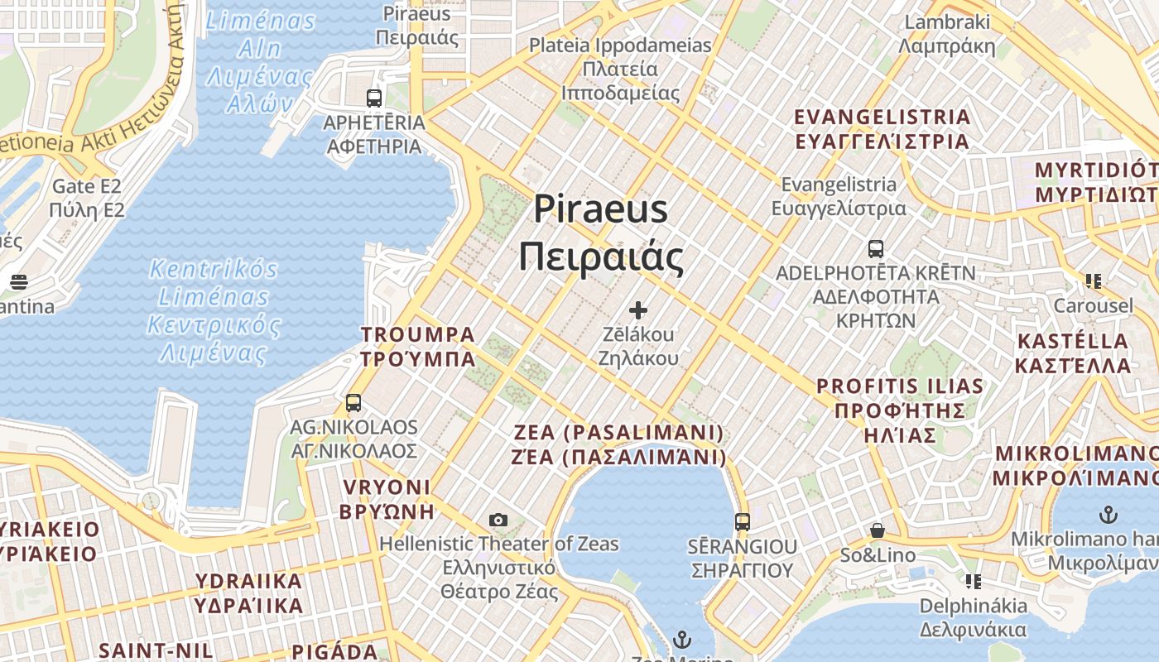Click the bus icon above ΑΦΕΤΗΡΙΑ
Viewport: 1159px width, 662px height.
click(374, 98)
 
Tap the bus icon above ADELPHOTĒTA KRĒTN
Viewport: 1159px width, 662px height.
click(876, 248)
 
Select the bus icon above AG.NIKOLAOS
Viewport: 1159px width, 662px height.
click(353, 403)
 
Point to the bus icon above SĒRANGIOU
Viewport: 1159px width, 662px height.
click(743, 522)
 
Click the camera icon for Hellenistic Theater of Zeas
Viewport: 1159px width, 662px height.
click(498, 520)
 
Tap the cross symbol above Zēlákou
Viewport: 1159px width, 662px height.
click(637, 310)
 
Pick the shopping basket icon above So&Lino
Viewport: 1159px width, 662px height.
click(878, 530)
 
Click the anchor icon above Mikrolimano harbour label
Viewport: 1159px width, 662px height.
click(1108, 515)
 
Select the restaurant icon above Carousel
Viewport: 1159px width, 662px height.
click(1093, 281)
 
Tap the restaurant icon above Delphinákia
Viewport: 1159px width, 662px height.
click(973, 581)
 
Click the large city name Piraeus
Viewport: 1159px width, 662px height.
click(600, 209)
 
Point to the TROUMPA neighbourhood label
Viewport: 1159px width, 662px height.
click(418, 335)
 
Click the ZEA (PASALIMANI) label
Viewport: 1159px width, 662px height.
click(618, 433)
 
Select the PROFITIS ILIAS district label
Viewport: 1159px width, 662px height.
click(900, 386)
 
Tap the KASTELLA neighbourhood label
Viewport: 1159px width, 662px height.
click(1072, 341)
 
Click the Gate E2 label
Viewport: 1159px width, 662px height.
click(87, 186)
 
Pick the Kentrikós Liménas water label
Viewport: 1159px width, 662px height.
click(214, 270)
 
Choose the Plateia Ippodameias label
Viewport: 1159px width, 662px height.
click(620, 46)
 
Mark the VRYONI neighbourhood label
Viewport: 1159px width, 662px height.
click(385, 487)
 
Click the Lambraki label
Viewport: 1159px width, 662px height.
click(948, 22)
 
